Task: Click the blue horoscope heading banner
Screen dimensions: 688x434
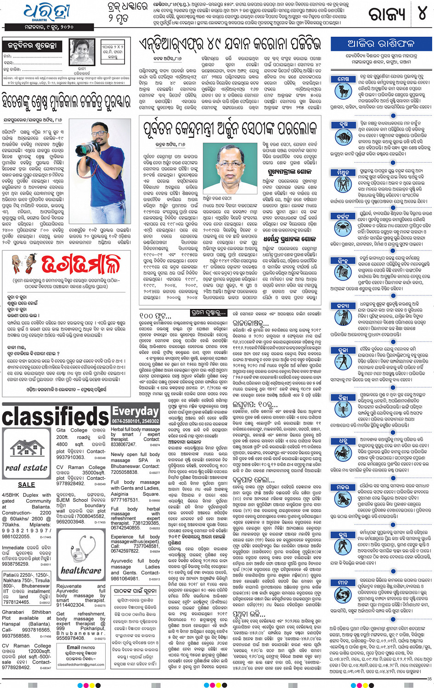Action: (381, 44)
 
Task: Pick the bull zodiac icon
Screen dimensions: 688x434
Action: (344, 136)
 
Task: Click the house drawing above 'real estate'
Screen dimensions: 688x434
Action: (27, 449)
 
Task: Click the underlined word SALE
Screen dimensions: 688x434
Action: (26, 484)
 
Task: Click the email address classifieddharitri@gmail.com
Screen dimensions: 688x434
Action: (80, 665)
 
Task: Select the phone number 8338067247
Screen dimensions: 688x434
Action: (123, 444)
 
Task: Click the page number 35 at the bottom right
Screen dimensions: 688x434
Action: (429, 679)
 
